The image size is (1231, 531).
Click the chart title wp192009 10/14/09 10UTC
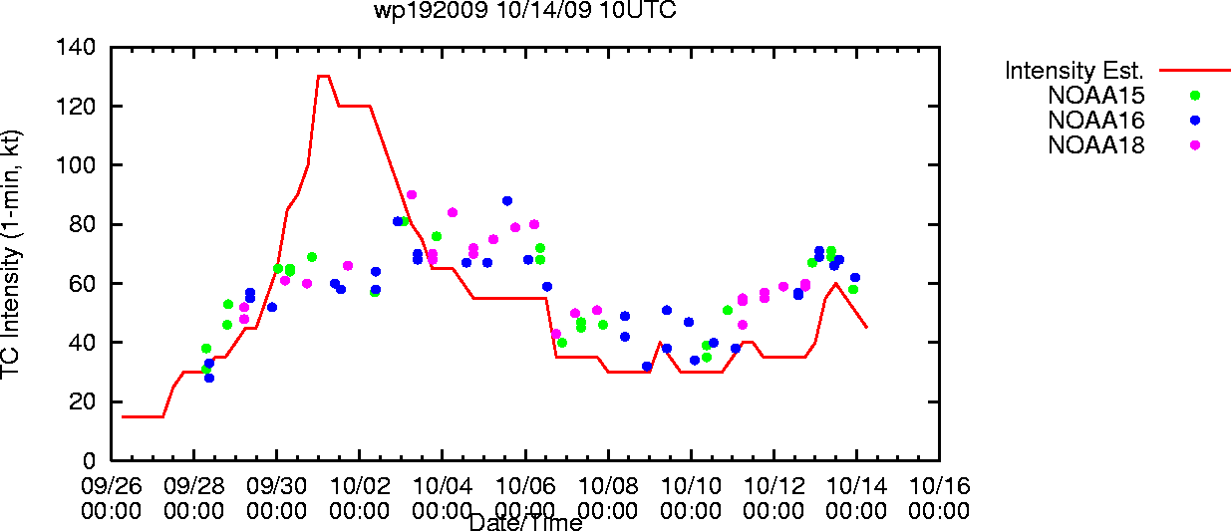(525, 10)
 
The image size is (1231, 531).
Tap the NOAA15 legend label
(1096, 96)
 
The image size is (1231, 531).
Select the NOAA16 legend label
(1096, 121)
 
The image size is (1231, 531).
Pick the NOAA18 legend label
(1096, 145)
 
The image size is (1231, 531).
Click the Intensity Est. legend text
(1074, 71)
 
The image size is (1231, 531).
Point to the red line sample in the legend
(1195, 71)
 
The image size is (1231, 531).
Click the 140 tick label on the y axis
(76, 47)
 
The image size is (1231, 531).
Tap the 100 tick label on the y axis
(76, 164)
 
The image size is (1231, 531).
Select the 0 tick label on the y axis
(89, 460)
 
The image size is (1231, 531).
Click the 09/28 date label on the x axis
(194, 486)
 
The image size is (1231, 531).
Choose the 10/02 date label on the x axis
(360, 486)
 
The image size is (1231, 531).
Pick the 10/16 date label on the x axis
(940, 486)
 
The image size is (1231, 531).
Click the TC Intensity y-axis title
(11, 254)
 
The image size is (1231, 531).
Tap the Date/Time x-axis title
(526, 522)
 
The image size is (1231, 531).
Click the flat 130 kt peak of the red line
(324, 76)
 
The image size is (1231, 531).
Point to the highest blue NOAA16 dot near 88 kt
(507, 201)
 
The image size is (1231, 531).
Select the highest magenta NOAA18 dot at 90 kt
(412, 195)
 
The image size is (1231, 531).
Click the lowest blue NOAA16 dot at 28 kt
(209, 378)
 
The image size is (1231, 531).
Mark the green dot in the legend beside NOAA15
(1195, 96)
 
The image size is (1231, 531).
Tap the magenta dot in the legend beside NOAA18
(1195, 145)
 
